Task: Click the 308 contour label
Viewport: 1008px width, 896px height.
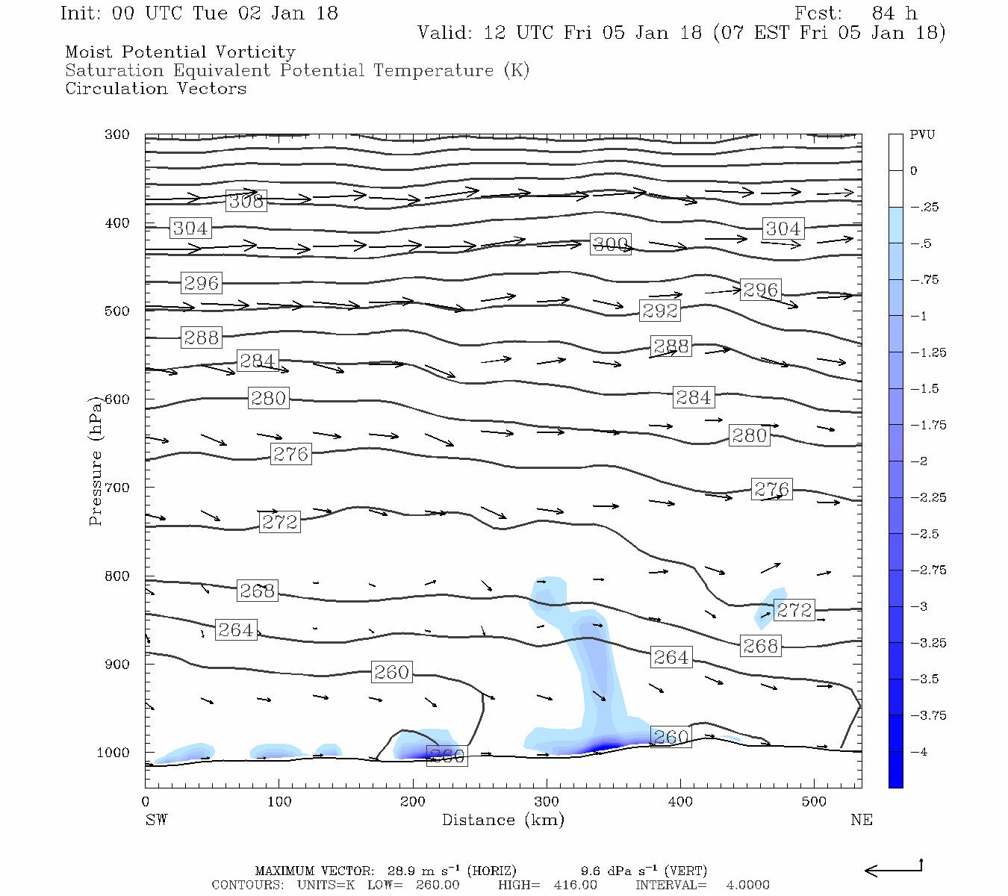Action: click(x=246, y=200)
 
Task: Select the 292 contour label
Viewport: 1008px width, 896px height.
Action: click(x=660, y=310)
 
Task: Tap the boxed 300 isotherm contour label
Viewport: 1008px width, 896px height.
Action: click(x=610, y=244)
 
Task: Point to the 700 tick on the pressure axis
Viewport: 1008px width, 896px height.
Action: click(x=116, y=488)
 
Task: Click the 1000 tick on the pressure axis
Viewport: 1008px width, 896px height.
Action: click(x=113, y=753)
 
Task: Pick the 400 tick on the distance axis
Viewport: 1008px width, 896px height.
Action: click(x=679, y=802)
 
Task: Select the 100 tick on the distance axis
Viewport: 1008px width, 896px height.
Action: click(x=279, y=802)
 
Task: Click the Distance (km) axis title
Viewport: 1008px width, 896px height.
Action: click(x=503, y=820)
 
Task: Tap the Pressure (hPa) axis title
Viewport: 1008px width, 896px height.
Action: click(x=95, y=461)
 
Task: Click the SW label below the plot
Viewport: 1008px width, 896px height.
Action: click(x=156, y=820)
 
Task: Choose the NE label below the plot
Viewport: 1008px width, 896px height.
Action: click(x=861, y=820)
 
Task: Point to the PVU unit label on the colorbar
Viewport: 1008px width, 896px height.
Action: click(x=922, y=135)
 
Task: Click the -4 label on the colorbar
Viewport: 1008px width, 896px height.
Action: click(x=918, y=752)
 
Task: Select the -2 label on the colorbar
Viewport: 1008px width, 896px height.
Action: click(x=918, y=461)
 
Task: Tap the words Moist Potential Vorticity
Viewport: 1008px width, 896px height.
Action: click(x=180, y=52)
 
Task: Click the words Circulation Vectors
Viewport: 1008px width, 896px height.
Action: click(x=155, y=89)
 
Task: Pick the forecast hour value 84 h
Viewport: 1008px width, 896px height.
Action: click(x=894, y=13)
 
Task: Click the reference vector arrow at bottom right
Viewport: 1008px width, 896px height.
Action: click(x=894, y=869)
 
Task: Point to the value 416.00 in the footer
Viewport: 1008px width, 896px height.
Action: click(x=575, y=885)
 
